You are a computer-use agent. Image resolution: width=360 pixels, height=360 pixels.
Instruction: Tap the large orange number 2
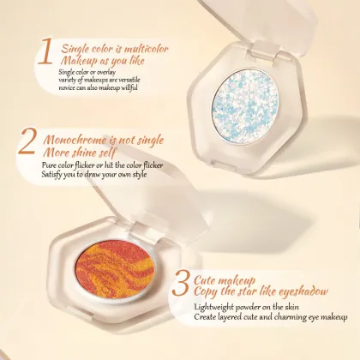pyautogui.click(x=27, y=146)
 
